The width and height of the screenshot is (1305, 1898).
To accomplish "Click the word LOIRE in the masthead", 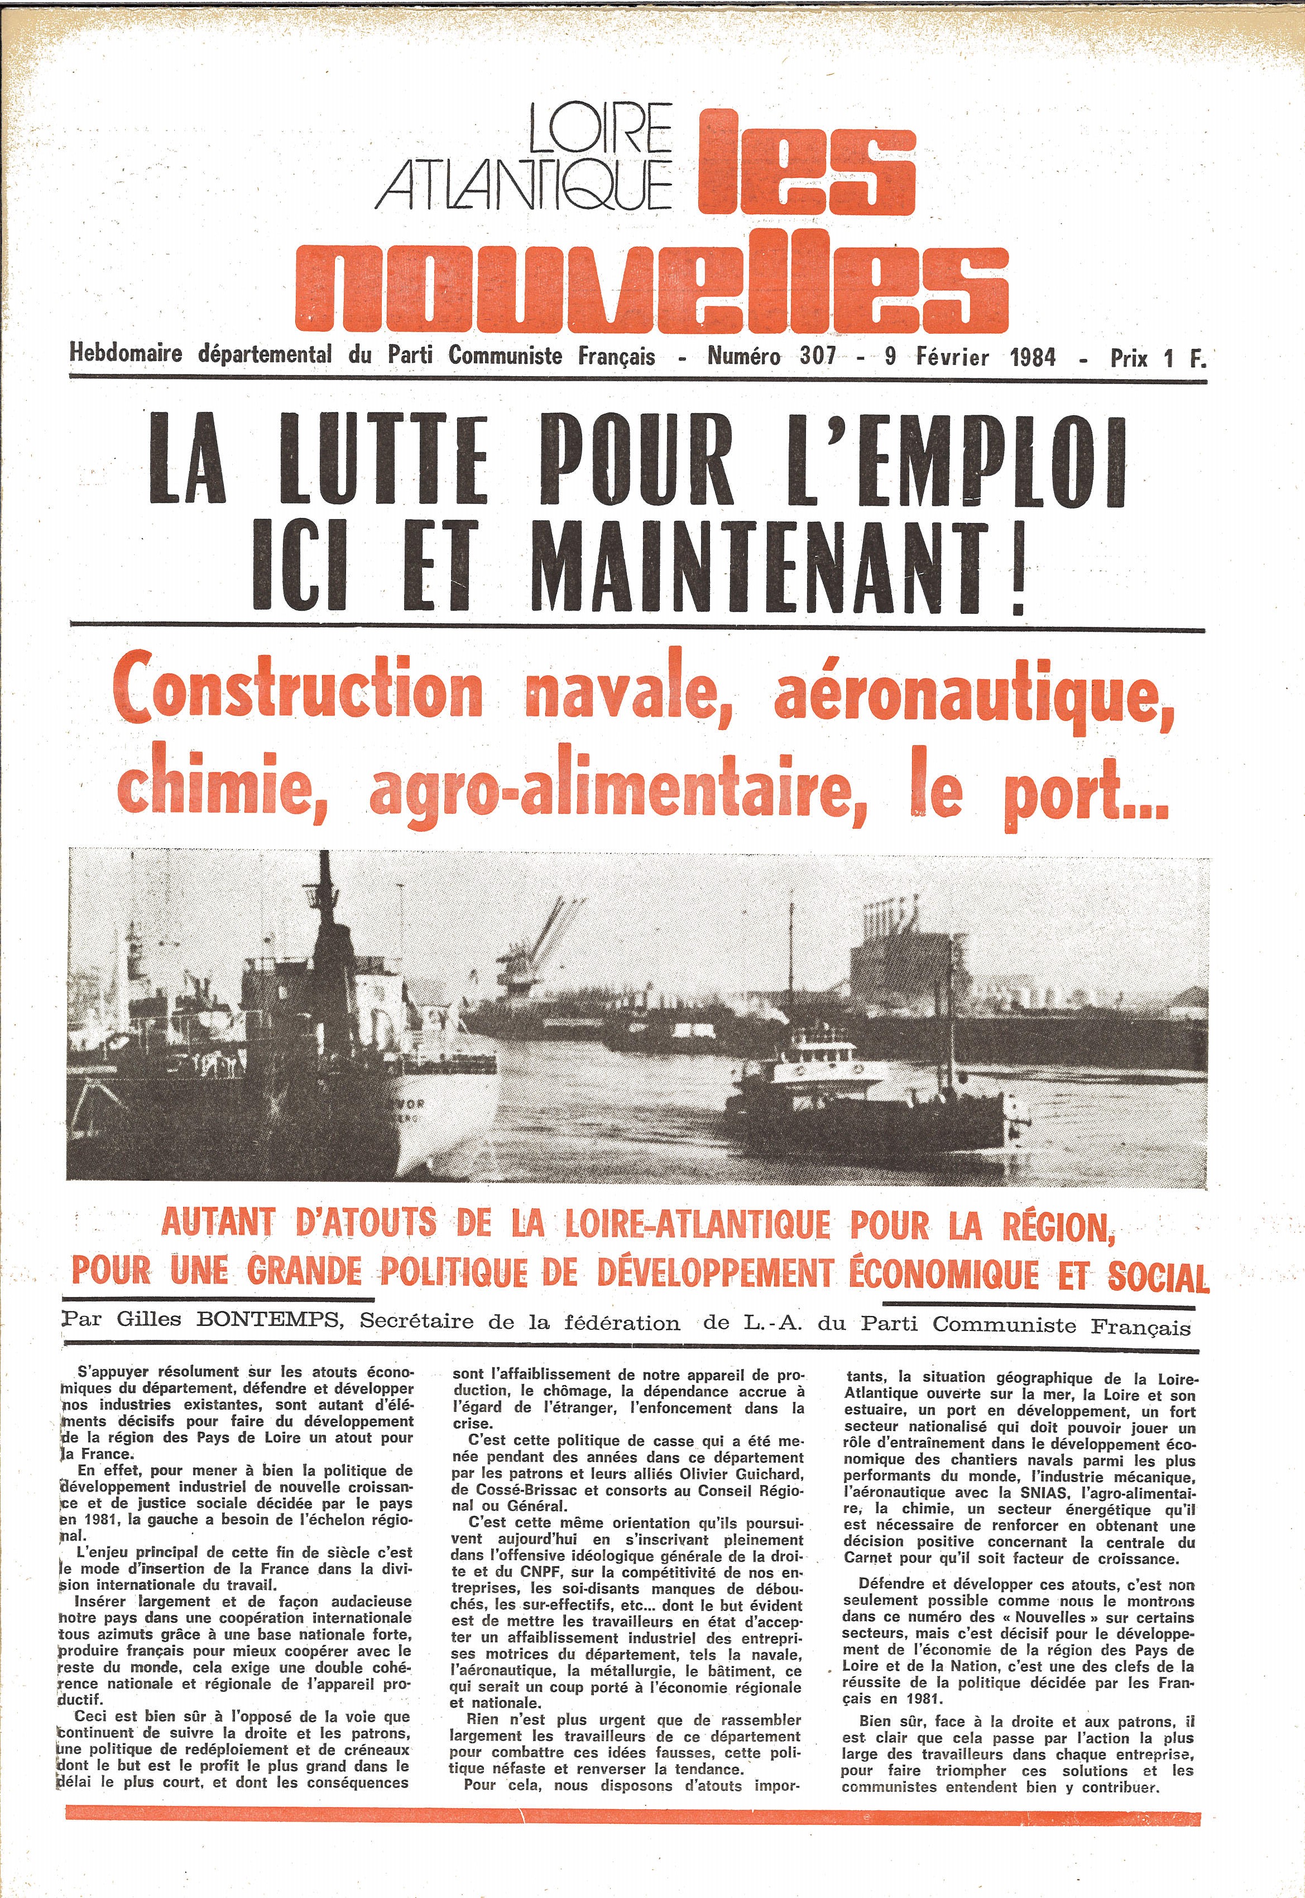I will click(599, 129).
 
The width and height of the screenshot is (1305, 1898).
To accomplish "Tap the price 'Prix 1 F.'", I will click(1157, 358).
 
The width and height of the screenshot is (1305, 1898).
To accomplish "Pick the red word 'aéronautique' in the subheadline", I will click(973, 695).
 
